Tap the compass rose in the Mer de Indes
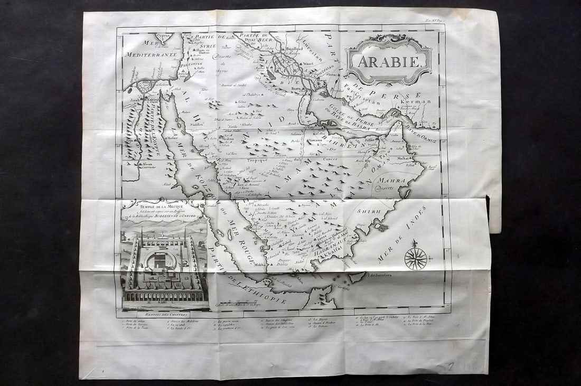pos(416,258)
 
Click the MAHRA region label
pos(392,181)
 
